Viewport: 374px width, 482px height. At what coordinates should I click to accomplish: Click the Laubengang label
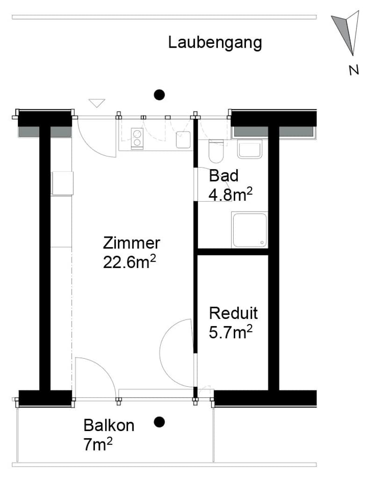click(x=215, y=43)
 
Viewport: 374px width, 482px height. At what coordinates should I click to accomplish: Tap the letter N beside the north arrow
click(x=354, y=71)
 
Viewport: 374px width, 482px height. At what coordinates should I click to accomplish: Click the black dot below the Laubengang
click(x=159, y=95)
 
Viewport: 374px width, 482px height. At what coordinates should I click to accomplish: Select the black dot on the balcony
click(x=159, y=422)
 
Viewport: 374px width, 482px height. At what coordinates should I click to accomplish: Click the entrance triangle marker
click(x=97, y=103)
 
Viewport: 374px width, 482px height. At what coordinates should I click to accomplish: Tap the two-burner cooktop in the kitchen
click(x=137, y=138)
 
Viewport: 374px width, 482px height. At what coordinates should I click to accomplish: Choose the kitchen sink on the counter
click(x=183, y=140)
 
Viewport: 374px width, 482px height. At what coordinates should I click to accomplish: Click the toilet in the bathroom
click(x=216, y=151)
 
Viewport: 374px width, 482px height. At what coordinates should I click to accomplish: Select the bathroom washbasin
click(x=250, y=149)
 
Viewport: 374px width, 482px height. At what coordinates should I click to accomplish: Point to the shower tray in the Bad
click(x=250, y=230)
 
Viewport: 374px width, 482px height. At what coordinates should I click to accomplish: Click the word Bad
click(x=223, y=176)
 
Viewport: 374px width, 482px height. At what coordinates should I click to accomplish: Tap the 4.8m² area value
click(x=230, y=195)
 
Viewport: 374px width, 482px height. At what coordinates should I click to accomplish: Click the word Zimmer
click(x=131, y=243)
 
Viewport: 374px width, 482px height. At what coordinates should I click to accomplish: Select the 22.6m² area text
click(x=129, y=262)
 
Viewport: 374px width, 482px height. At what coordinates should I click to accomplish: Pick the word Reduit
click(x=233, y=313)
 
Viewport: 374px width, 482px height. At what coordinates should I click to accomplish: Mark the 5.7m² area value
click(x=230, y=332)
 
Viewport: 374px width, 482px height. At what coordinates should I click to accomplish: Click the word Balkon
click(x=109, y=426)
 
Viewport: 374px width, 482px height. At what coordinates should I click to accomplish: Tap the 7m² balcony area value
click(x=98, y=445)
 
